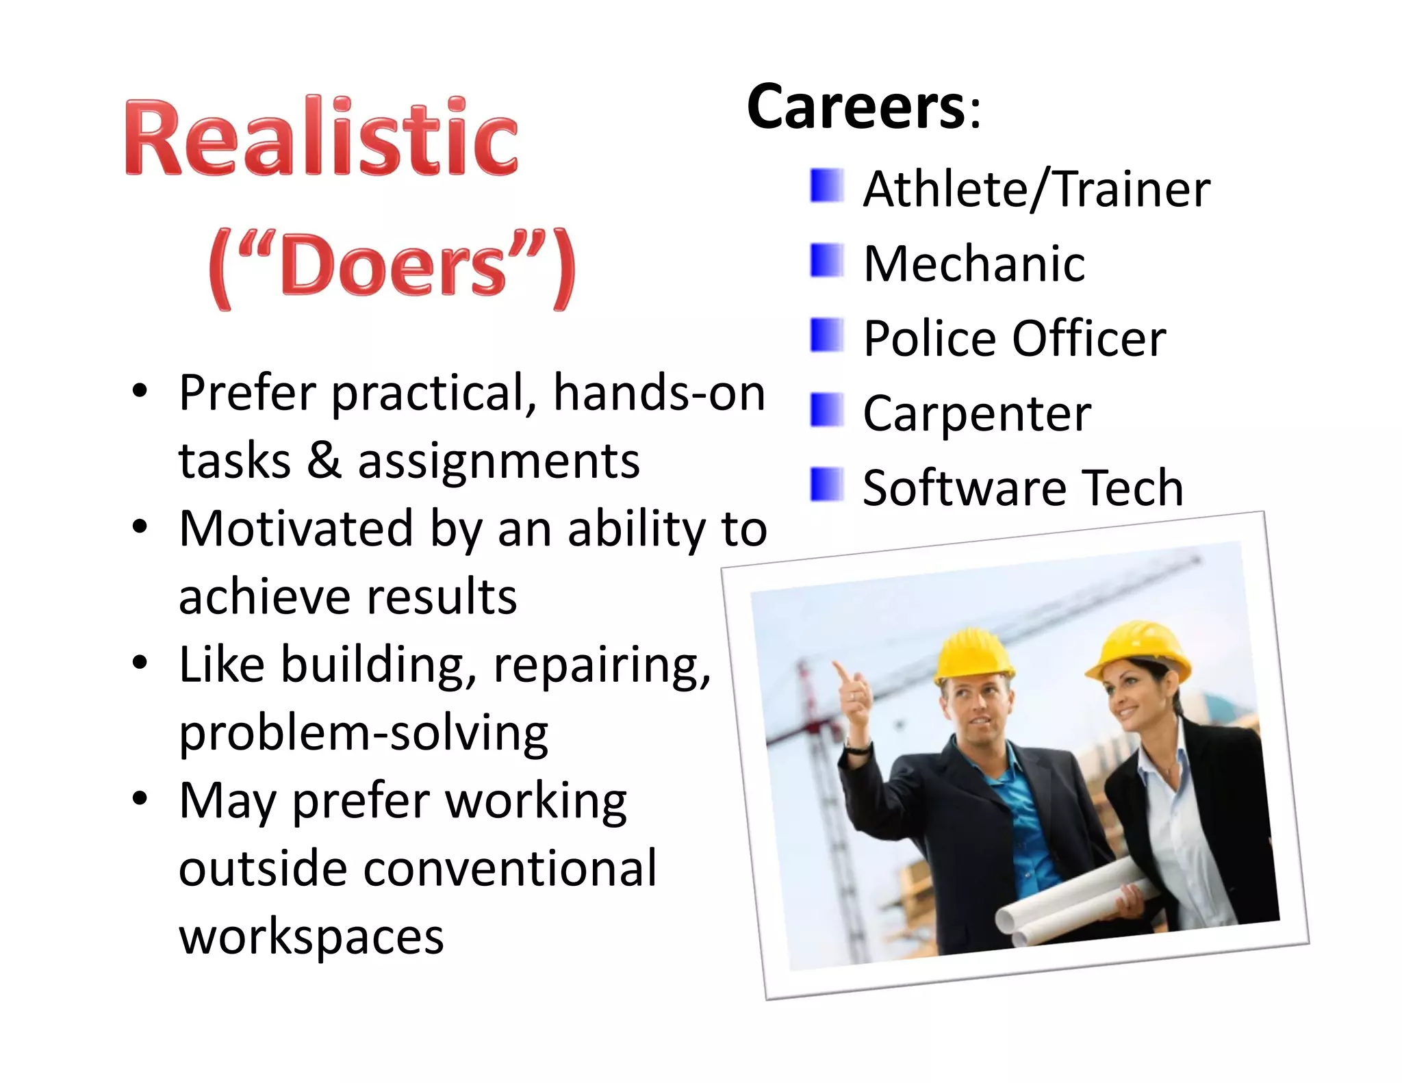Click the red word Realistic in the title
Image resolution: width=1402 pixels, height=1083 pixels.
pyautogui.click(x=320, y=137)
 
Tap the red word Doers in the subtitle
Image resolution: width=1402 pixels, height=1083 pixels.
pyautogui.click(x=393, y=266)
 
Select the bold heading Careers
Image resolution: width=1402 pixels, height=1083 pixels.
pyautogui.click(x=856, y=107)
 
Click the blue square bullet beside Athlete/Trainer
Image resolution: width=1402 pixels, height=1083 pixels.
pyautogui.click(x=826, y=186)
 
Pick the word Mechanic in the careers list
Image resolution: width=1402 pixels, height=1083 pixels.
pyautogui.click(x=973, y=264)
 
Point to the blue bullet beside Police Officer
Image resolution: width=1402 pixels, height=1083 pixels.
pyautogui.click(x=826, y=335)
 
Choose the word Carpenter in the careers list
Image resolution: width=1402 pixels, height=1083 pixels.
pyautogui.click(x=976, y=413)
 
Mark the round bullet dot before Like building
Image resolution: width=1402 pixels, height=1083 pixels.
pyautogui.click(x=140, y=663)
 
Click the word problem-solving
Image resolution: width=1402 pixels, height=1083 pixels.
pyautogui.click(x=364, y=733)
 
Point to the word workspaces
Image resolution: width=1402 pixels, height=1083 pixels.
pyautogui.click(x=311, y=936)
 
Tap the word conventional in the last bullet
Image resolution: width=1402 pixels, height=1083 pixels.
pyautogui.click(x=509, y=868)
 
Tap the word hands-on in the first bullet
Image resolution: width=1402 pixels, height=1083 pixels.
pyautogui.click(x=659, y=394)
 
